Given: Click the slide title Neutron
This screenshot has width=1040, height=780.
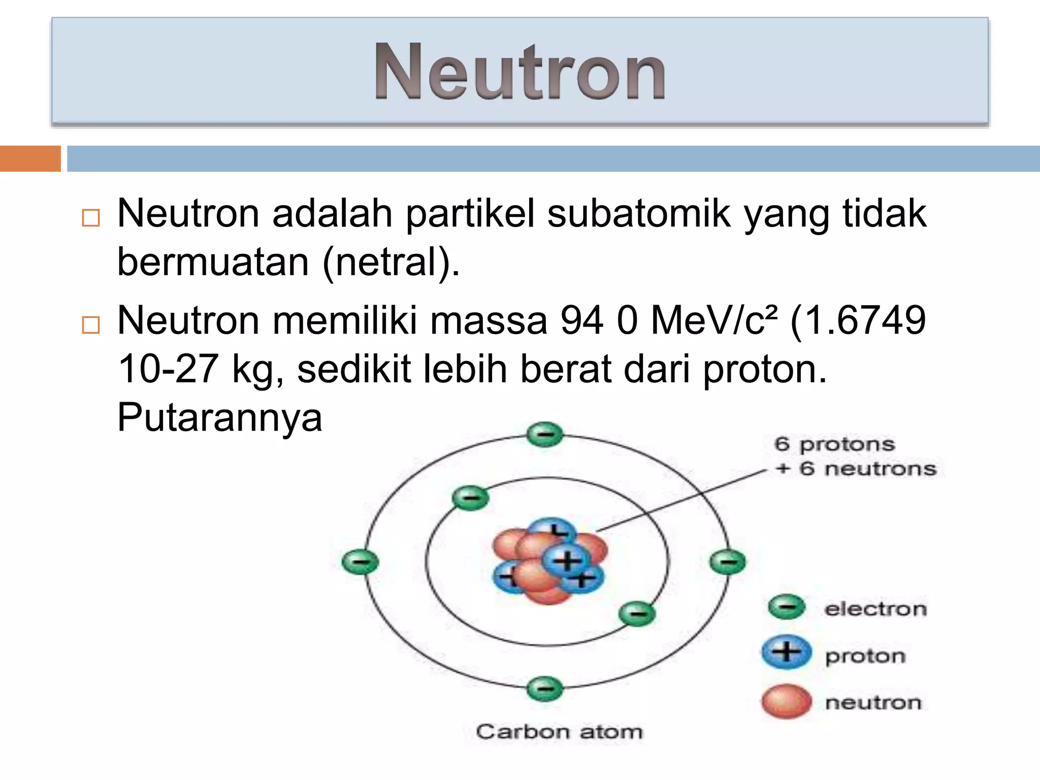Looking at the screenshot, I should (519, 72).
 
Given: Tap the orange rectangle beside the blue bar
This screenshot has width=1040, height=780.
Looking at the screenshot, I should (30, 158).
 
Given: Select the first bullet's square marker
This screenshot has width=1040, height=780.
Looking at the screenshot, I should (91, 218).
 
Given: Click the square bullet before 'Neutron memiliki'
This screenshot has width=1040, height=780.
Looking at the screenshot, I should (91, 324).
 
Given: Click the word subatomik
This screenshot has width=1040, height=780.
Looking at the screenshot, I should (639, 214).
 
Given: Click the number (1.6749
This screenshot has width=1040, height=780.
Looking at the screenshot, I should (858, 320).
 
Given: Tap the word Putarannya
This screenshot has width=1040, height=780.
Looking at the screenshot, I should (219, 417).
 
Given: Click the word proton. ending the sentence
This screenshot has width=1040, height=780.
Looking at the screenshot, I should (765, 369).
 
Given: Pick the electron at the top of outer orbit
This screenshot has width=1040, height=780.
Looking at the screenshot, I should (545, 435).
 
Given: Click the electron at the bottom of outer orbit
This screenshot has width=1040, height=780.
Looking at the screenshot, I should (545, 689).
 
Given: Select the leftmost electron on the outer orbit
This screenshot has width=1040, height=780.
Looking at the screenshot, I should (360, 562).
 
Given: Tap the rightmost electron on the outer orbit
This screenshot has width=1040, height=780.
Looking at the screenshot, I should (727, 562).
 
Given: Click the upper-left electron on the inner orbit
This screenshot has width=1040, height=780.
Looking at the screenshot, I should (470, 497).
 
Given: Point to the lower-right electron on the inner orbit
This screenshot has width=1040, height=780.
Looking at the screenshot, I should (637, 613).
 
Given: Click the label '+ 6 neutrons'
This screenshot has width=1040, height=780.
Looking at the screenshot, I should (856, 469).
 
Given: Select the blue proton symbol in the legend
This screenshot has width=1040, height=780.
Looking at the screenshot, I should (786, 652).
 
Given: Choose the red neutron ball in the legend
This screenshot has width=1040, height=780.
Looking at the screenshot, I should (786, 701).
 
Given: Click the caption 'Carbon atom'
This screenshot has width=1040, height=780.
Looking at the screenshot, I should (559, 732).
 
